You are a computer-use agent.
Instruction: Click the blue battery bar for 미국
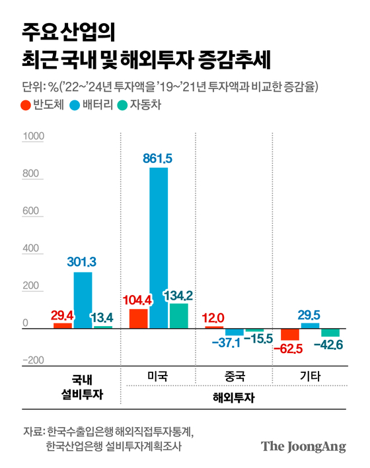(x=159, y=248)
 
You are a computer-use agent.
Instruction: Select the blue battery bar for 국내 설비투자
(x=83, y=300)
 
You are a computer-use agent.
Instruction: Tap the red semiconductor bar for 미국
(x=139, y=318)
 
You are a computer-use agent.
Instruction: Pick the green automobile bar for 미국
(x=178, y=316)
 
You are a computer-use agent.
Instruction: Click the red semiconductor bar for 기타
(x=291, y=334)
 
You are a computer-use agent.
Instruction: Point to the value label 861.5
(x=159, y=158)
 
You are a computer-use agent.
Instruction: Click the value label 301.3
(x=83, y=261)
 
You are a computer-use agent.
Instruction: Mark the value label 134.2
(x=178, y=294)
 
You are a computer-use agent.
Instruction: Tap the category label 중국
(x=234, y=377)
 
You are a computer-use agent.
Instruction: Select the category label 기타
(x=310, y=377)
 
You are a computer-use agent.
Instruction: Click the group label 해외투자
(x=234, y=398)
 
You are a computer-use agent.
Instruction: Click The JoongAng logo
(x=303, y=446)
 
